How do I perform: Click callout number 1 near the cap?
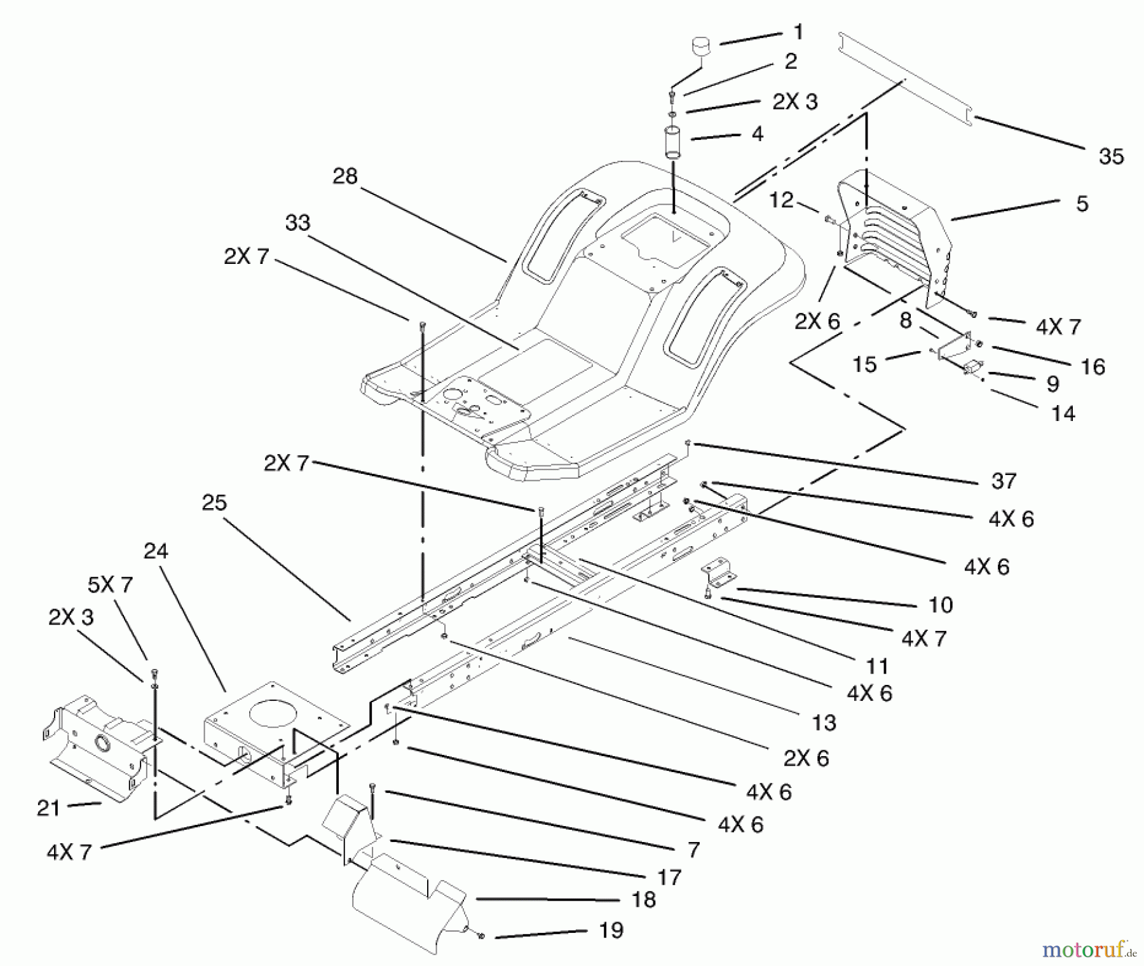click(799, 32)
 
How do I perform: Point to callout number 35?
click(1111, 156)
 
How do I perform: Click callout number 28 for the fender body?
click(345, 176)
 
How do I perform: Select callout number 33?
click(297, 223)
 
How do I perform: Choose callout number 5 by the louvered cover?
click(1082, 204)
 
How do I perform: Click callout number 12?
click(781, 200)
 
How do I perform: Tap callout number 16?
click(1093, 366)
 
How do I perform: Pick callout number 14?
click(1063, 414)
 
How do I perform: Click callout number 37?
click(1004, 481)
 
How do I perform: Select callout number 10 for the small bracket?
click(941, 604)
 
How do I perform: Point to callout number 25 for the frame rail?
click(214, 502)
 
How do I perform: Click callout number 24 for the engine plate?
click(156, 551)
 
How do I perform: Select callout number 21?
click(48, 808)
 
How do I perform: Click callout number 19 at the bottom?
click(611, 930)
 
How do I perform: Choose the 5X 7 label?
click(110, 584)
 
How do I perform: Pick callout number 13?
click(824, 723)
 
